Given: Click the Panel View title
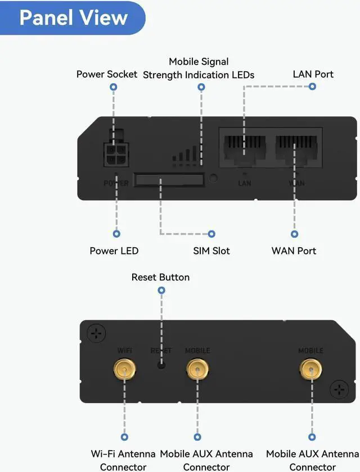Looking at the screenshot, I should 73,17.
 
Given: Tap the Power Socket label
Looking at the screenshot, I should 107,74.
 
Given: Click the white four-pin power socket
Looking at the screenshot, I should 115,153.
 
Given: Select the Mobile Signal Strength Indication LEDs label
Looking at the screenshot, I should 199,68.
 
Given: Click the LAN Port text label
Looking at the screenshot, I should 313,74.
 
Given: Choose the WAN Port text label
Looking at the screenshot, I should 294,251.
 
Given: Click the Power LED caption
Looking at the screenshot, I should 114,251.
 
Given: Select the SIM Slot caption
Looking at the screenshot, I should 211,251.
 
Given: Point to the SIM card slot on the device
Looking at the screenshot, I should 169,181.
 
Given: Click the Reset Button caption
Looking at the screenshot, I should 160,277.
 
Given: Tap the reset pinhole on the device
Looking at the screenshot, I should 161,365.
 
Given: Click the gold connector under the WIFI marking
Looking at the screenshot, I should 124,369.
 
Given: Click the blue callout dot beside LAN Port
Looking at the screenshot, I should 313,87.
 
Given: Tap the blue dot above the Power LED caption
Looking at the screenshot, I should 116,234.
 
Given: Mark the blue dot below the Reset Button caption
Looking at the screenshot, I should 161,291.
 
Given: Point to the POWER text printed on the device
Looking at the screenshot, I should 116,183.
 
